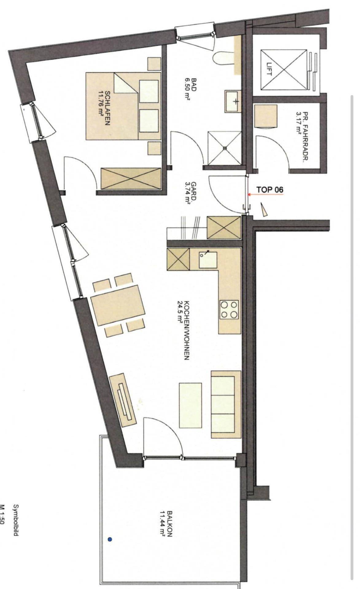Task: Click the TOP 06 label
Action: (x=270, y=190)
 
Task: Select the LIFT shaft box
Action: (x=284, y=70)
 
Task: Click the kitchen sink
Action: (x=208, y=260)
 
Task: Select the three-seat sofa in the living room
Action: (x=226, y=404)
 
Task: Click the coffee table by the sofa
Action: (x=191, y=405)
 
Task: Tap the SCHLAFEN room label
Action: (x=104, y=108)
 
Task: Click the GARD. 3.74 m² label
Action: (x=190, y=193)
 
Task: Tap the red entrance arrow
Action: (x=265, y=194)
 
